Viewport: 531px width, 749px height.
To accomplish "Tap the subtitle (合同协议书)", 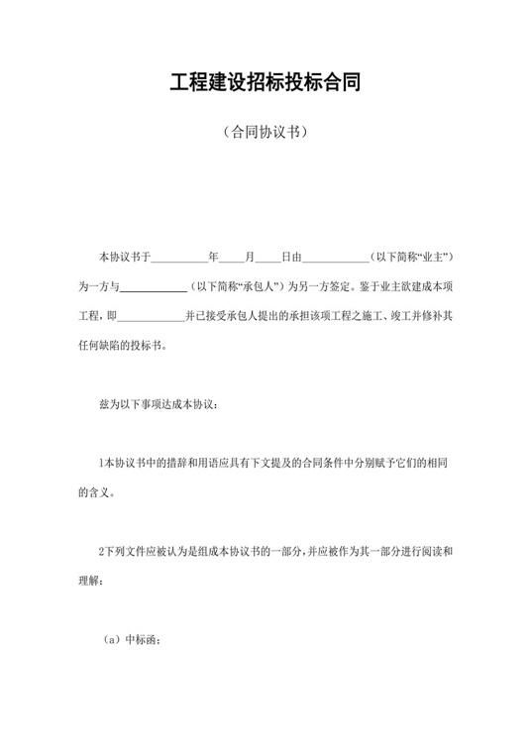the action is (265, 131).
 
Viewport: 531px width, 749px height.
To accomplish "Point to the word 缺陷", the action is (123, 347).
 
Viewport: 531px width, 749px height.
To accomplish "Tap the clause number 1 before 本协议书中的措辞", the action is (101, 465).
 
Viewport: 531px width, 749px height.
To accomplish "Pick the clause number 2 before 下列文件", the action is (101, 552).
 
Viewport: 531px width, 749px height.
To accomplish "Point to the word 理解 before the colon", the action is (89, 581).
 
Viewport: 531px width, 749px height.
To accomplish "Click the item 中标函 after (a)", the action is (141, 639).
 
